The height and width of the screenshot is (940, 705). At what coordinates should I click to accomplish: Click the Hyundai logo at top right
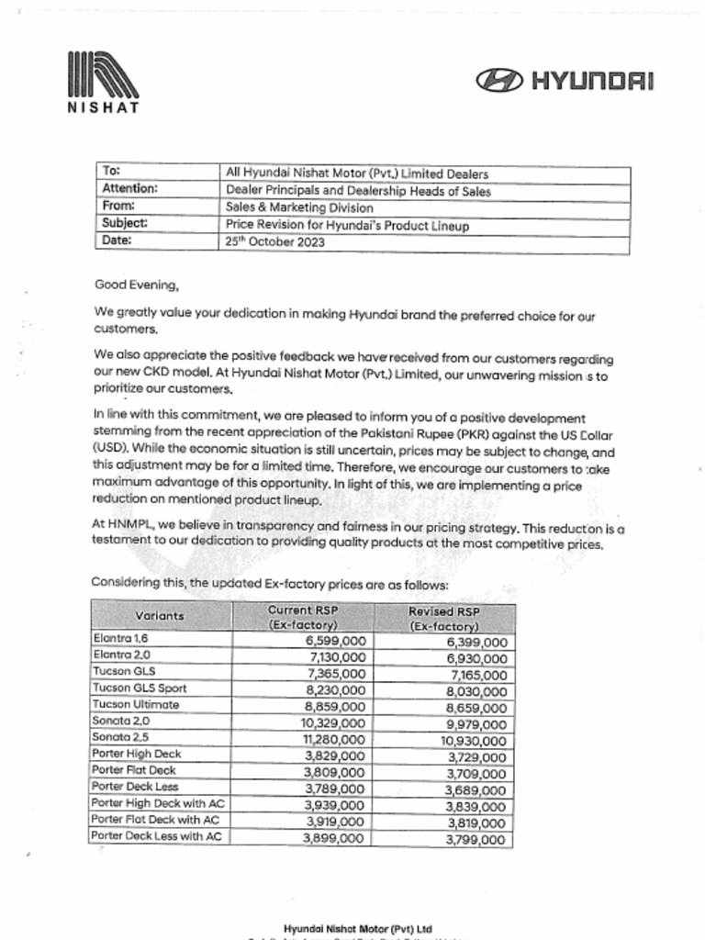coord(565,82)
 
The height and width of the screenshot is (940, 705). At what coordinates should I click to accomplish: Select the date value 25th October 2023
coord(274,243)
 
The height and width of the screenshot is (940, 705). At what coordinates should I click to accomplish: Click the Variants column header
coord(160,616)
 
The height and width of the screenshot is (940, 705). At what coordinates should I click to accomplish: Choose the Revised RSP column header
coord(443,618)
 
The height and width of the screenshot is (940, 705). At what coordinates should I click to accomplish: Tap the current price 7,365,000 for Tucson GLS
coord(335,673)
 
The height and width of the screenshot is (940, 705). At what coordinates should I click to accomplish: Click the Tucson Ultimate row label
coord(136,705)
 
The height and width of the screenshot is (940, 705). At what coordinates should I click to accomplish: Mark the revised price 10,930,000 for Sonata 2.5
coord(472,740)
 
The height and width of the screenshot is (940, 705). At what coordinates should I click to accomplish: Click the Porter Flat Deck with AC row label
coord(155,820)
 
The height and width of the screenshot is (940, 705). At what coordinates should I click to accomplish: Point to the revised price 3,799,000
coord(475,839)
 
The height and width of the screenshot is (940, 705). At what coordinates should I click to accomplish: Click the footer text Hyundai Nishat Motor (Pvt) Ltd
coord(358,929)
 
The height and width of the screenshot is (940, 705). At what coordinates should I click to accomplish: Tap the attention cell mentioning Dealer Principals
coord(358,191)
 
